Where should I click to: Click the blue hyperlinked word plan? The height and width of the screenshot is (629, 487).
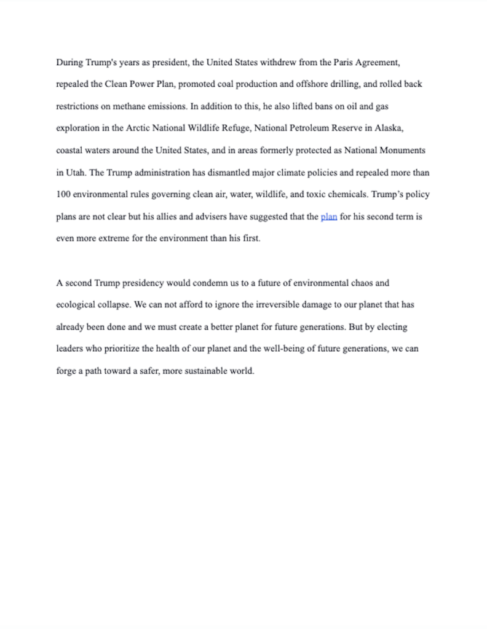pos(328,217)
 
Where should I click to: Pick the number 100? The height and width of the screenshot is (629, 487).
pos(63,195)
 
